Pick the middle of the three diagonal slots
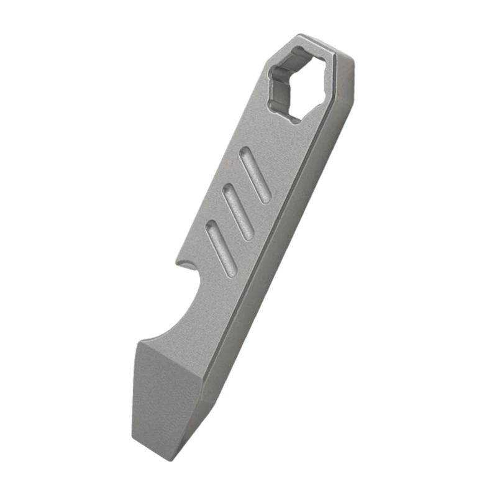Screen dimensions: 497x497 pyautogui.click(x=238, y=212)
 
